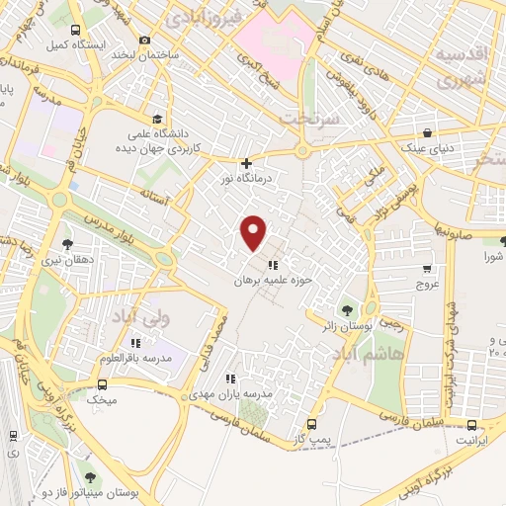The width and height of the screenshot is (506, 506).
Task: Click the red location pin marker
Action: point(254,232)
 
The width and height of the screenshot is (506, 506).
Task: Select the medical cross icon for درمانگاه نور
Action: point(246,163)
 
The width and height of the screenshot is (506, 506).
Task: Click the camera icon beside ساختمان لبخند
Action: point(145,40)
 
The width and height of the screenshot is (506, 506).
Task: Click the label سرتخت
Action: point(309,117)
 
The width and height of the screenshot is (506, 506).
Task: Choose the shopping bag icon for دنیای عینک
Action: point(427,132)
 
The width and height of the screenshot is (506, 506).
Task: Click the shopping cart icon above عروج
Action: point(427,268)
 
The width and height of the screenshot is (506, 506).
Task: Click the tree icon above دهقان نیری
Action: point(68,243)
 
